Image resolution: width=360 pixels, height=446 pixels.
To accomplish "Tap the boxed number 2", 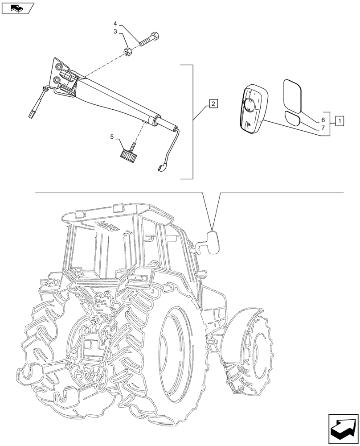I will (x=213, y=104).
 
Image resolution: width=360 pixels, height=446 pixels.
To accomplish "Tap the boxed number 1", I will (x=339, y=120).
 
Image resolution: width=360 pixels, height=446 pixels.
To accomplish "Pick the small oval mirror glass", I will (x=293, y=119).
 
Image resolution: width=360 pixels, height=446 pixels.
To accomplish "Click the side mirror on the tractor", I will (x=215, y=243).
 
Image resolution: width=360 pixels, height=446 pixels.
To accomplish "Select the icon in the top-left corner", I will (x=17, y=8).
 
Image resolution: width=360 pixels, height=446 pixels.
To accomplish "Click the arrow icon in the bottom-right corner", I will (x=342, y=428).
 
